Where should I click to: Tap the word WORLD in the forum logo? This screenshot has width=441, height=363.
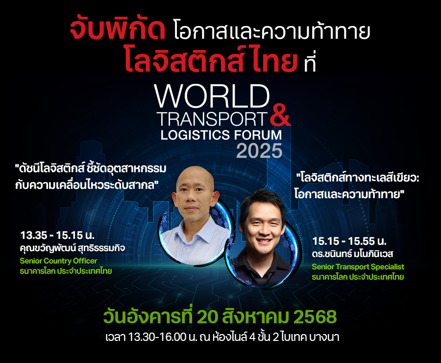click(212, 96)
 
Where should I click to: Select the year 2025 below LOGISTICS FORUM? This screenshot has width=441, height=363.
click(259, 151)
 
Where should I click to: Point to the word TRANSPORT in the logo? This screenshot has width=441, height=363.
click(212, 119)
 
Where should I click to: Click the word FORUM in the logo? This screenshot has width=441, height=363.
click(258, 135)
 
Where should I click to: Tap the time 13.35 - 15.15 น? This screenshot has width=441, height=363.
click(57, 235)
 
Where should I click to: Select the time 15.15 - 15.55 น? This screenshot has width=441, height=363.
click(349, 241)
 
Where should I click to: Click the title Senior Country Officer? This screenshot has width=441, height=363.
click(58, 261)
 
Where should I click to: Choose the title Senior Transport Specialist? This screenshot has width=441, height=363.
click(358, 267)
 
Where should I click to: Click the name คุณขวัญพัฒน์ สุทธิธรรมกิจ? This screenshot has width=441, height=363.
click(73, 248)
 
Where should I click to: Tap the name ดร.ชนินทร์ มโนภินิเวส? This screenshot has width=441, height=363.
click(352, 254)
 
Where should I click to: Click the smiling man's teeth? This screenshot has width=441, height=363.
click(264, 241)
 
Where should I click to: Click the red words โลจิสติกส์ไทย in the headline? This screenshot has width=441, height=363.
click(211, 60)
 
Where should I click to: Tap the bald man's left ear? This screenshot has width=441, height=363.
click(215, 199)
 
